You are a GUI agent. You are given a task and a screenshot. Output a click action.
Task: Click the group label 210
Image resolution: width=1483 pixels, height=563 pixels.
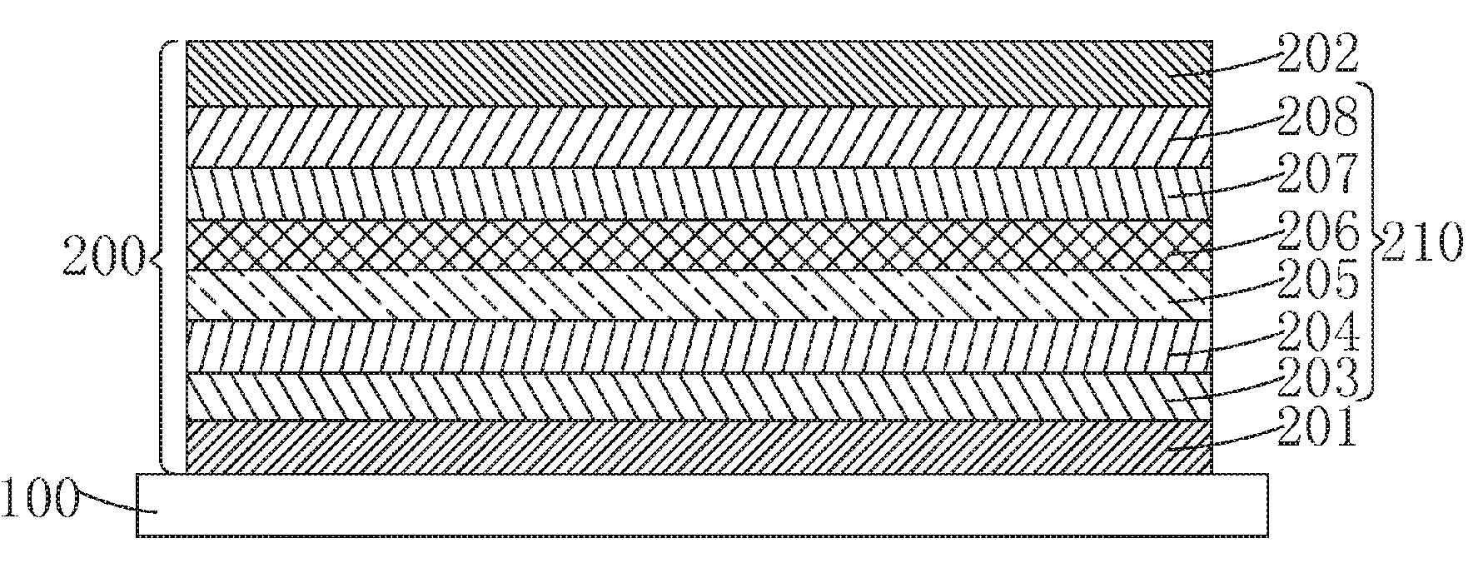[1422, 242]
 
